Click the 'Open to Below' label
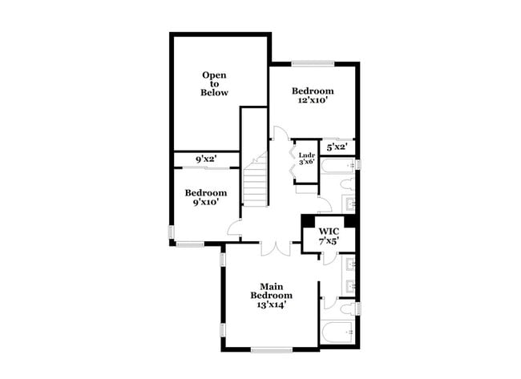click(214, 83)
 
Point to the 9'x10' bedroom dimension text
click(206, 202)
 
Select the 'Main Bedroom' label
click(272, 291)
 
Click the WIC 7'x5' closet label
click(329, 236)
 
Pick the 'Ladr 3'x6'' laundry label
click(306, 159)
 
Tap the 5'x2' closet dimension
click(337, 147)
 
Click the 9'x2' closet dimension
click(206, 159)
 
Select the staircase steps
click(256, 179)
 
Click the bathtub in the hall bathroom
click(337, 167)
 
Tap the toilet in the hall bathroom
click(348, 184)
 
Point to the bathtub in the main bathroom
click(337, 333)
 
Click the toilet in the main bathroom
click(348, 308)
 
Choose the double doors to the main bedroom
click(276, 249)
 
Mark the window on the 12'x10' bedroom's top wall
click(313, 64)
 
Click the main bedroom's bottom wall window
click(272, 349)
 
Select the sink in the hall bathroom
click(349, 204)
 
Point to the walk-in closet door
click(328, 260)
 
